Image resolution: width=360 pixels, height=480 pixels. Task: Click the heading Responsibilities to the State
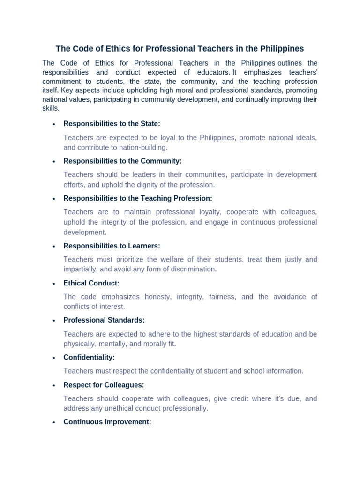click(x=112, y=124)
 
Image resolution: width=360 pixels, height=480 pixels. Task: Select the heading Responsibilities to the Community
click(x=122, y=161)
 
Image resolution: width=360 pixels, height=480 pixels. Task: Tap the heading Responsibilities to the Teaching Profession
click(x=138, y=198)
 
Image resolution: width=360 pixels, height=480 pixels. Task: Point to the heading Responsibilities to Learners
click(x=112, y=246)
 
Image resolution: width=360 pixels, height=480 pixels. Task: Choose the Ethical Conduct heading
click(x=91, y=283)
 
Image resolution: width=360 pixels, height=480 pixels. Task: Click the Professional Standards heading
click(x=104, y=320)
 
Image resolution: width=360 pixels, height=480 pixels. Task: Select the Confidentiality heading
click(x=89, y=357)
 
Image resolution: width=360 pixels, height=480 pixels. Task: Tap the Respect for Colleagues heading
click(x=104, y=385)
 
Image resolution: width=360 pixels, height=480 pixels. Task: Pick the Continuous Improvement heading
click(x=107, y=422)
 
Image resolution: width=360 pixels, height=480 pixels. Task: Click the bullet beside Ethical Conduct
click(x=54, y=284)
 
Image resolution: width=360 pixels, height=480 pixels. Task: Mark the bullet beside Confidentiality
click(x=54, y=358)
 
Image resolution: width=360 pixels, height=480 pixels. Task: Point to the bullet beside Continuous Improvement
click(x=54, y=422)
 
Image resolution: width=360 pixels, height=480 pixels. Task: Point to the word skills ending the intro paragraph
click(x=51, y=108)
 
